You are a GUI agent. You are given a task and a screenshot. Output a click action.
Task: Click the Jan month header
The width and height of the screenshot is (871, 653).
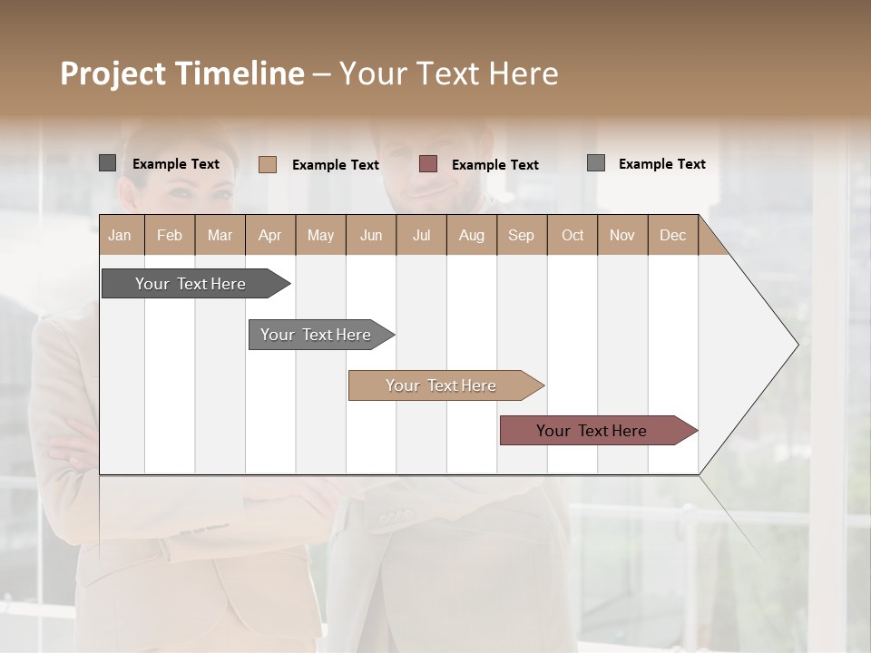121,235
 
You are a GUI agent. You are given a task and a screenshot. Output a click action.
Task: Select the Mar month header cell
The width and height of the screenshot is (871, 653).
220,235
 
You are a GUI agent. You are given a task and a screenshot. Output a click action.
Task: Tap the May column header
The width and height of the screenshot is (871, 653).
320,235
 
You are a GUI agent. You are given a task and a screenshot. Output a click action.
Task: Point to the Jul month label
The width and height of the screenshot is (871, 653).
421,235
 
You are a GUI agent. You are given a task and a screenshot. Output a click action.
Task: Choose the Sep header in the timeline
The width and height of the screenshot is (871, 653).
521,235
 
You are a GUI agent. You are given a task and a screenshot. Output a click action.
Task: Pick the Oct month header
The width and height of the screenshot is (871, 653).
572,235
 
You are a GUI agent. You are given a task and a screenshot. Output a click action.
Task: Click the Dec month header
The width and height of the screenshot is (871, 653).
672,235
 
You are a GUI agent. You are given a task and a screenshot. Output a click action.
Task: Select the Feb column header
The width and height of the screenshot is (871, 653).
170,235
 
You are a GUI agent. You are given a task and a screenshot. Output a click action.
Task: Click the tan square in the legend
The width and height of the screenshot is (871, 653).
267,164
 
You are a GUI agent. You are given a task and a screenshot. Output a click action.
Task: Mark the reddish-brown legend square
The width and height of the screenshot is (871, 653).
428,164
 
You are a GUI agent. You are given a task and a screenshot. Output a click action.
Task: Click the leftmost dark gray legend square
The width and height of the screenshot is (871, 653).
107,163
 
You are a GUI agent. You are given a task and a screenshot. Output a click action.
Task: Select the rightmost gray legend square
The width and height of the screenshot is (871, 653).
596,163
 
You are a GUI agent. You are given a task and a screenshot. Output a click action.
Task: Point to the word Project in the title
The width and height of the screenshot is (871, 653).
113,73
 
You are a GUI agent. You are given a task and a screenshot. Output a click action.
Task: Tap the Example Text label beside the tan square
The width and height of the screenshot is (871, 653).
335,165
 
